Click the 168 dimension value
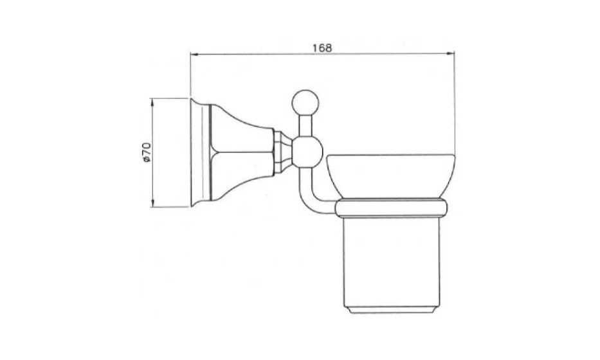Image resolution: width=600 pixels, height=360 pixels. [322, 48]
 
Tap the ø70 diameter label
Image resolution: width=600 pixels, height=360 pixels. [147, 152]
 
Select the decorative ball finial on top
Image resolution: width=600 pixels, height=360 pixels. [305, 102]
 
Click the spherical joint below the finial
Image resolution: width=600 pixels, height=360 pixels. [307, 152]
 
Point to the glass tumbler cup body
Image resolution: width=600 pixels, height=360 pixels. [392, 264]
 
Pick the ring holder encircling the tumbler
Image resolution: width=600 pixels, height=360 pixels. [391, 208]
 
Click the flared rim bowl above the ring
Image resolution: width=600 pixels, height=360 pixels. [391, 177]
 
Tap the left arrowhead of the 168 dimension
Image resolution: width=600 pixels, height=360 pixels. [194, 55]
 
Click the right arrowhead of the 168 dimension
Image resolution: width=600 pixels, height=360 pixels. [451, 54]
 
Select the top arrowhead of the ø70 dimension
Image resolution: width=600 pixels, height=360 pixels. [152, 102]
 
